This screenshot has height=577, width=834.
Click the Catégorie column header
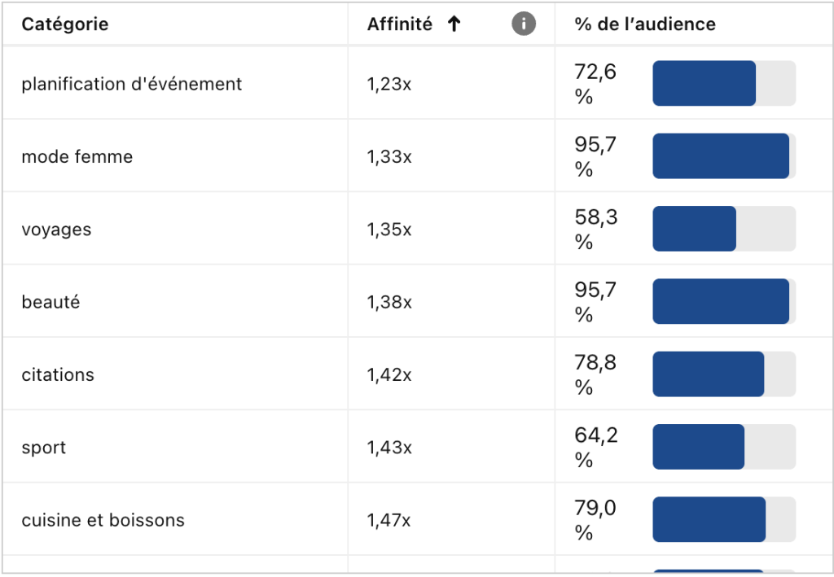[x=65, y=24]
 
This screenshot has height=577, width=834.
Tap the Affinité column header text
[x=399, y=24]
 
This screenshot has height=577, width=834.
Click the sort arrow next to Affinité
[x=454, y=24]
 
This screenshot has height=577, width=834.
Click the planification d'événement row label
[x=131, y=84]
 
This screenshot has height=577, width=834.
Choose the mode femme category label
[x=77, y=156]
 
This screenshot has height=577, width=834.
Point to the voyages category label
[x=56, y=229]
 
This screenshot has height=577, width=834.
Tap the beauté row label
[x=50, y=302]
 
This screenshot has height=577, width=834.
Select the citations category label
[x=58, y=375]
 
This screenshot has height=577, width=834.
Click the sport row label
[x=43, y=448]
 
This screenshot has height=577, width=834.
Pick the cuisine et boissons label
[x=103, y=520]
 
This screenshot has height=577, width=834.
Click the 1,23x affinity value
[x=389, y=84]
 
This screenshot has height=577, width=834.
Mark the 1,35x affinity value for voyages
[x=389, y=229]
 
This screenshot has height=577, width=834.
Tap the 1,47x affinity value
[x=389, y=520]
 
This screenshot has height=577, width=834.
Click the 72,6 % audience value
[x=595, y=84]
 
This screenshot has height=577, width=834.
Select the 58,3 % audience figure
[x=595, y=229]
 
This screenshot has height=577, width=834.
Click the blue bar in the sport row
[x=698, y=447]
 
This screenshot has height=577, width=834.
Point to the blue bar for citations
[x=708, y=374]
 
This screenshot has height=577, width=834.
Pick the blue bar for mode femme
[x=720, y=156]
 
